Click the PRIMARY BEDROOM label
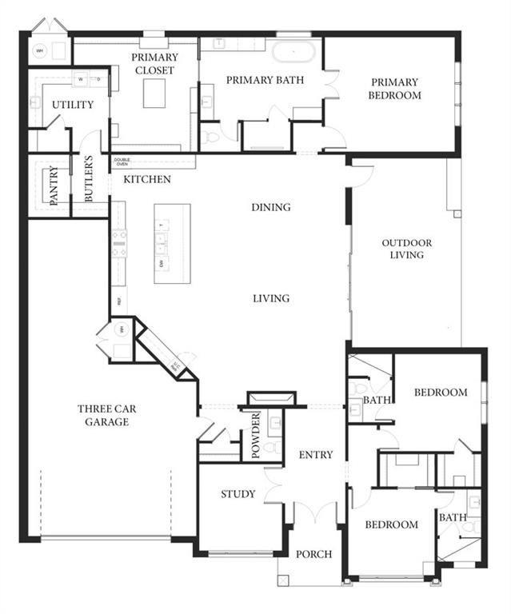pos(394,89)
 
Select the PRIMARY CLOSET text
pos(155,64)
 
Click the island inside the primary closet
pos(154,93)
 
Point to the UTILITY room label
pos(73,105)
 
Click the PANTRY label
pos(54,186)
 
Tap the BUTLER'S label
pos(90,183)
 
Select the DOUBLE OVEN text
pos(122,161)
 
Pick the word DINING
pos(270,207)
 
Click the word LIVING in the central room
pos(271,298)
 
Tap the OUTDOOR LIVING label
pos(406,249)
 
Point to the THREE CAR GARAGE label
pos(106,415)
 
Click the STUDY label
pos(238,494)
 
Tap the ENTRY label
pos(315,455)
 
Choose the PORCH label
pos(313,554)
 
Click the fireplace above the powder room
pos(272,398)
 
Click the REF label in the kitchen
pos(119,302)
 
